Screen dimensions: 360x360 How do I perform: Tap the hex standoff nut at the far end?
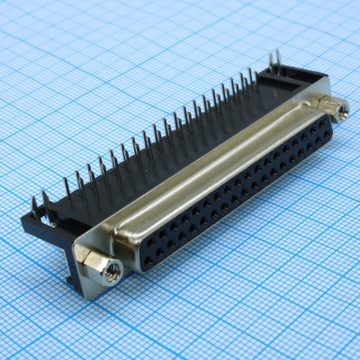coord(339,110)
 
